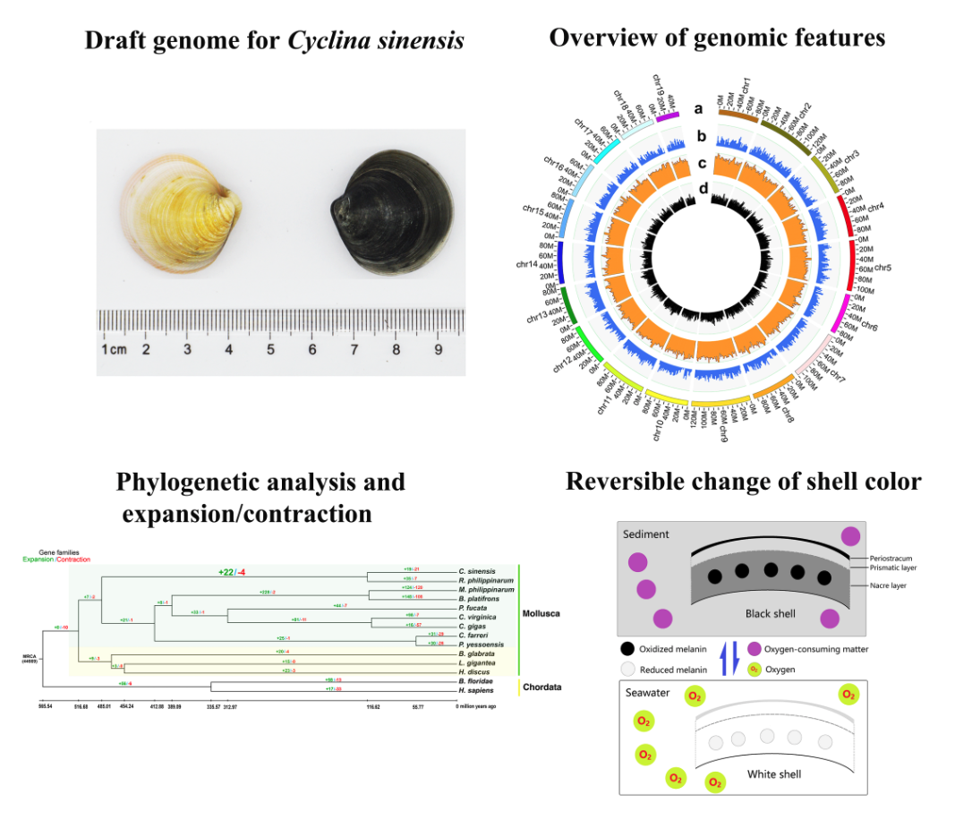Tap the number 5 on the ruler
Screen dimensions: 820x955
pyautogui.click(x=270, y=349)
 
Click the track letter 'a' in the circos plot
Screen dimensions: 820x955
pyautogui.click(x=698, y=109)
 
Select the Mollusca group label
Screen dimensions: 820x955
pyautogui.click(x=545, y=614)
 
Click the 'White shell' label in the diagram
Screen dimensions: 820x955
pyautogui.click(x=772, y=774)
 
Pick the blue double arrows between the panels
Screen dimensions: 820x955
pyautogui.click(x=727, y=659)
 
